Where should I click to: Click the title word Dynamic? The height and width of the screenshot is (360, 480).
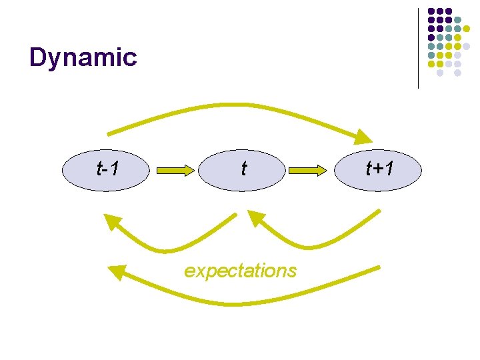coord(83,58)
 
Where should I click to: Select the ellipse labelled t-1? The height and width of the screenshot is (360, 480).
coord(107,170)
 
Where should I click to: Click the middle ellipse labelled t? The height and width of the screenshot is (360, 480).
coord(244,170)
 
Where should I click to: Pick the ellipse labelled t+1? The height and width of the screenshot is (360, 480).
coord(380,170)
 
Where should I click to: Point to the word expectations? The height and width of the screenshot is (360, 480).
coord(240,271)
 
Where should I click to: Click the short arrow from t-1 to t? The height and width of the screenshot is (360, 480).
coord(175,171)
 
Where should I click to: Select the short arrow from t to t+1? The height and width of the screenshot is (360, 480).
coord(307,171)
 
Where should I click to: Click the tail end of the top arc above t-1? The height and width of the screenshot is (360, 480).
coord(110,133)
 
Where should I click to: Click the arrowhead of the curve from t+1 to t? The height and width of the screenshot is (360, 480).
coord(255,219)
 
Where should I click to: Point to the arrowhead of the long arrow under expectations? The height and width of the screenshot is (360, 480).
coord(117,271)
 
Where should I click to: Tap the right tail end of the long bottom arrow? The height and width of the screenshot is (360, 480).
coord(377,268)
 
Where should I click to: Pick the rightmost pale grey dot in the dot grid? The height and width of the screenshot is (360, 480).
coord(466,47)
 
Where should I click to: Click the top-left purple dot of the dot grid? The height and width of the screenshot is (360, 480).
coord(431,12)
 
